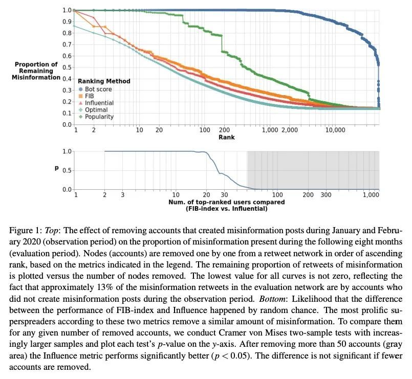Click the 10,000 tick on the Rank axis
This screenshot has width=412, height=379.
(335, 130)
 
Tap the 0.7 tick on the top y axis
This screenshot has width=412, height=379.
(67, 44)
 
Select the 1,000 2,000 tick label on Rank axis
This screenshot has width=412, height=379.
(279, 130)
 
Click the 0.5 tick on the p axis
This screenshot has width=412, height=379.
(67, 170)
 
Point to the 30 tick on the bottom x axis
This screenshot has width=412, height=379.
(224, 195)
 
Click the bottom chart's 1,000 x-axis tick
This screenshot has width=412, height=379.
(370, 195)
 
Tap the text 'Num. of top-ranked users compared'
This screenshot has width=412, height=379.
(226, 202)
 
